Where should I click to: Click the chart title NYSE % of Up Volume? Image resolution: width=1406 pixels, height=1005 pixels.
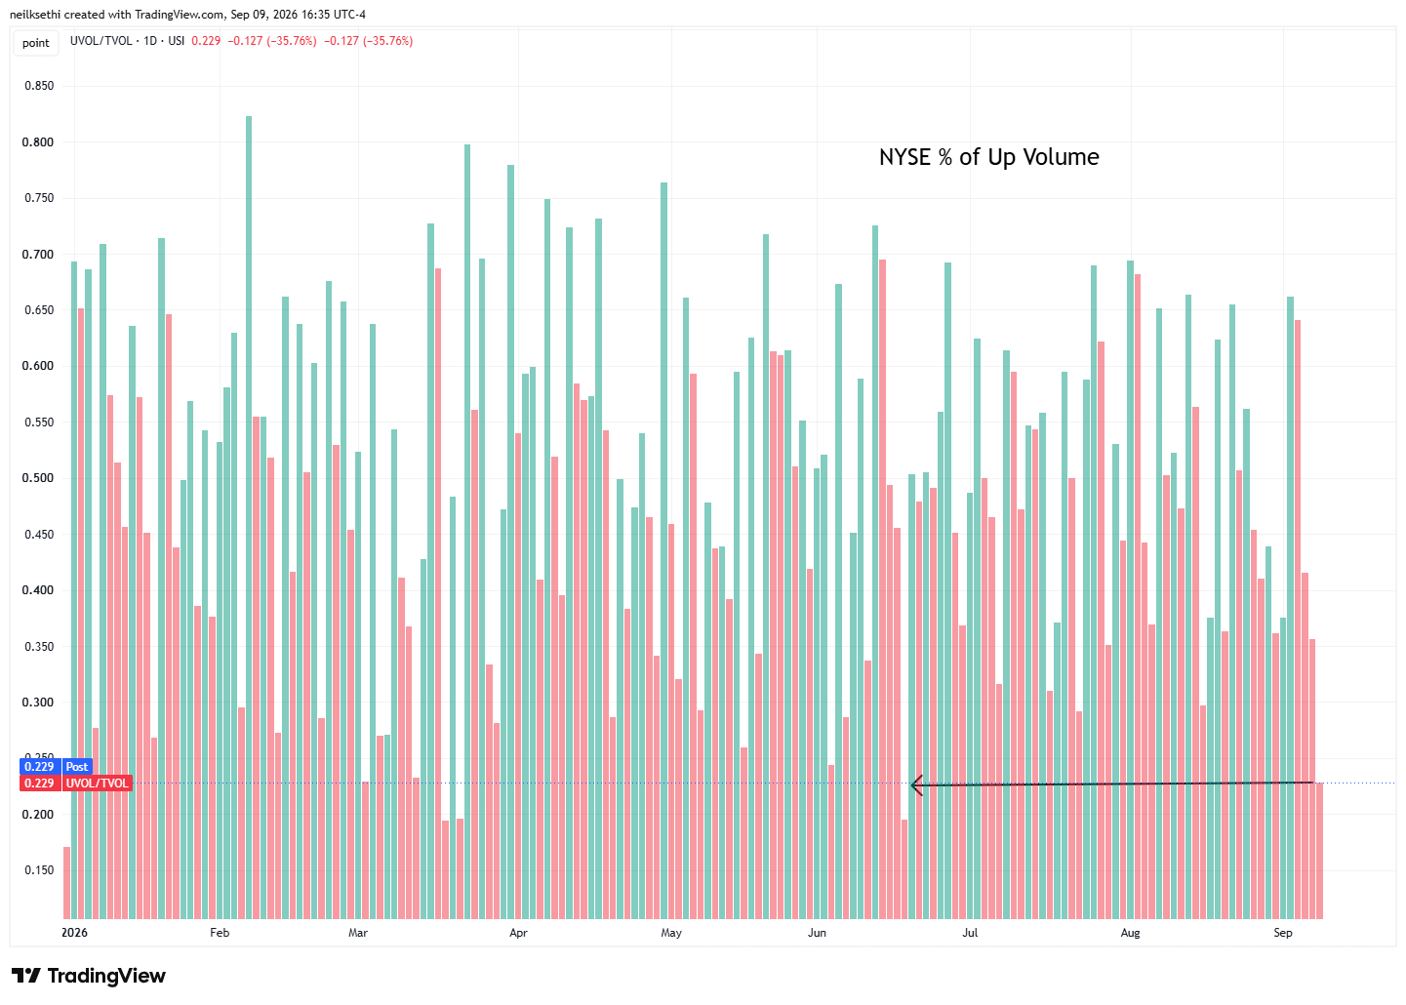tap(988, 157)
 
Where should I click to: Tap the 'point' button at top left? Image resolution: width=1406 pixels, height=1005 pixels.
tap(36, 43)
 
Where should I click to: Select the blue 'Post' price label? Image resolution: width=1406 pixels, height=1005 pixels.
tap(76, 767)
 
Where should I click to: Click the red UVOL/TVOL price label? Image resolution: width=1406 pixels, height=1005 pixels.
tap(97, 784)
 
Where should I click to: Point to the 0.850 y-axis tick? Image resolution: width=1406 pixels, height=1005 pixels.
tap(39, 86)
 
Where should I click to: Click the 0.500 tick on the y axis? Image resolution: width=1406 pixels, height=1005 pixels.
tap(39, 478)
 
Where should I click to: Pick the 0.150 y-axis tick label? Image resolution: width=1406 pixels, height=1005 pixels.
tap(39, 870)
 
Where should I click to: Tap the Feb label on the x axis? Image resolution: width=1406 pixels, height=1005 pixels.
tap(220, 933)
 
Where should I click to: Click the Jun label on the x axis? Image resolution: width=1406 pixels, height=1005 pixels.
tap(817, 933)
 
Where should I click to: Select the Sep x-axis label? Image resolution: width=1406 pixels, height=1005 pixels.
tap(1283, 933)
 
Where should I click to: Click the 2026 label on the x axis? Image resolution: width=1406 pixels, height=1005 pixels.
tap(75, 933)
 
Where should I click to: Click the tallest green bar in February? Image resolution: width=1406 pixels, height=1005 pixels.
tap(249, 517)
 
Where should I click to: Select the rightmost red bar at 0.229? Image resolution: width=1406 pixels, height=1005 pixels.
tap(1319, 851)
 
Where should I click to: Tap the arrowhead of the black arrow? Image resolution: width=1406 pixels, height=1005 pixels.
tap(912, 784)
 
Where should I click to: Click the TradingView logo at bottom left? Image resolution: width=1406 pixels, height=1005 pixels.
tap(89, 976)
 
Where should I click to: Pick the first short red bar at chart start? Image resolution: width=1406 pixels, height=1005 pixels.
tap(66, 883)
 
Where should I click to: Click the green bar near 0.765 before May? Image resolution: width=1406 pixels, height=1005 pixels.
tap(664, 550)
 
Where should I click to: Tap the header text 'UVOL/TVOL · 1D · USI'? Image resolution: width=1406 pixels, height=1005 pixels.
tap(128, 41)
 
